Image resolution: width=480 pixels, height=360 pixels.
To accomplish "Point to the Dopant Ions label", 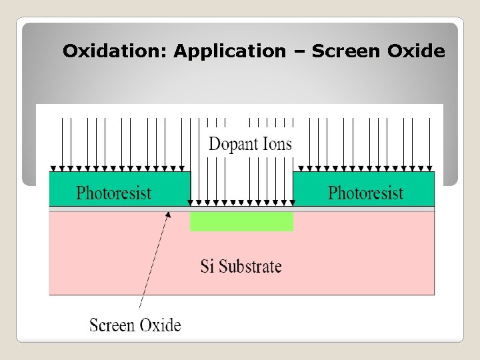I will [250, 144].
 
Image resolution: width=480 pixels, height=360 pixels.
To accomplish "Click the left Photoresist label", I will [114, 193].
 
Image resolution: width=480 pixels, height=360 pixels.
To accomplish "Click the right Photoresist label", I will [365, 193].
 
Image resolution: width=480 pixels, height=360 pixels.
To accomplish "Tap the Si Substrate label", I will [241, 267].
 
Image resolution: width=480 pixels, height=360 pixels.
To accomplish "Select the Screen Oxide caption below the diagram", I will [135, 325].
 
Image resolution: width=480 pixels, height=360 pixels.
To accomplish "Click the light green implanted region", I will [241, 221].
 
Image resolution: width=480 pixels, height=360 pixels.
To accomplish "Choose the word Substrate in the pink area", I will [251, 267].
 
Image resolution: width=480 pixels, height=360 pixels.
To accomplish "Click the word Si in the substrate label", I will [207, 267].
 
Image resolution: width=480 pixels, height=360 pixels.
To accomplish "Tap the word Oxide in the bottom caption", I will [159, 325].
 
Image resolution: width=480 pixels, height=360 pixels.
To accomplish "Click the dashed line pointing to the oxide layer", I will [153, 267].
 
